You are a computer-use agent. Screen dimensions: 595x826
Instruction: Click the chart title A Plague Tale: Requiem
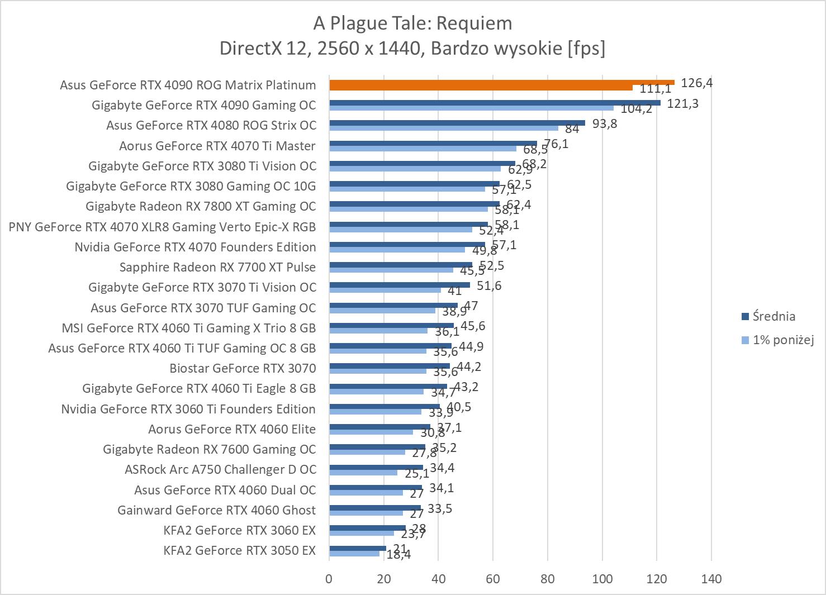tap(412, 23)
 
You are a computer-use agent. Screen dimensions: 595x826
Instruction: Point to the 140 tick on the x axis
tap(711, 579)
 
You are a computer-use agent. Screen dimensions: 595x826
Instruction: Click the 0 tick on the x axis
tap(329, 579)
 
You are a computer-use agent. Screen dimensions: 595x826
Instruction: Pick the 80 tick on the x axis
tap(548, 579)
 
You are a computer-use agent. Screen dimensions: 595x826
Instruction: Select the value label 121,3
tap(682, 103)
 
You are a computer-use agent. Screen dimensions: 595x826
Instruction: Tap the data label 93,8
tap(605, 123)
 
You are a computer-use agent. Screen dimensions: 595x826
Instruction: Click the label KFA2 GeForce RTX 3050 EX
tap(239, 550)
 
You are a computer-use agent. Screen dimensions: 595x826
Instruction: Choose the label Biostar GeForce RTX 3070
tap(243, 368)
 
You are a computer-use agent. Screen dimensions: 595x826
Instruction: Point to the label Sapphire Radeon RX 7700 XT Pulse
tap(217, 267)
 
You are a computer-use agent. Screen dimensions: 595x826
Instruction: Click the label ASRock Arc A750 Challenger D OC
tap(220, 469)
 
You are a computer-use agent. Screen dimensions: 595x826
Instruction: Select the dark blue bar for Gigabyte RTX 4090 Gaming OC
tap(495, 103)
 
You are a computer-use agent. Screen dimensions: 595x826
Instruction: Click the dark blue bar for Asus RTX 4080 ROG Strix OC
tap(457, 123)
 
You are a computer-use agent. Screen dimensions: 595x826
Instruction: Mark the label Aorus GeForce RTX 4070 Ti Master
tap(217, 146)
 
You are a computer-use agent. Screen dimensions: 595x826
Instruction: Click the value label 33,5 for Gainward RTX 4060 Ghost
tap(440, 509)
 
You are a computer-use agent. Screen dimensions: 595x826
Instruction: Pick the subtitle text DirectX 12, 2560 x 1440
tap(319, 49)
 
